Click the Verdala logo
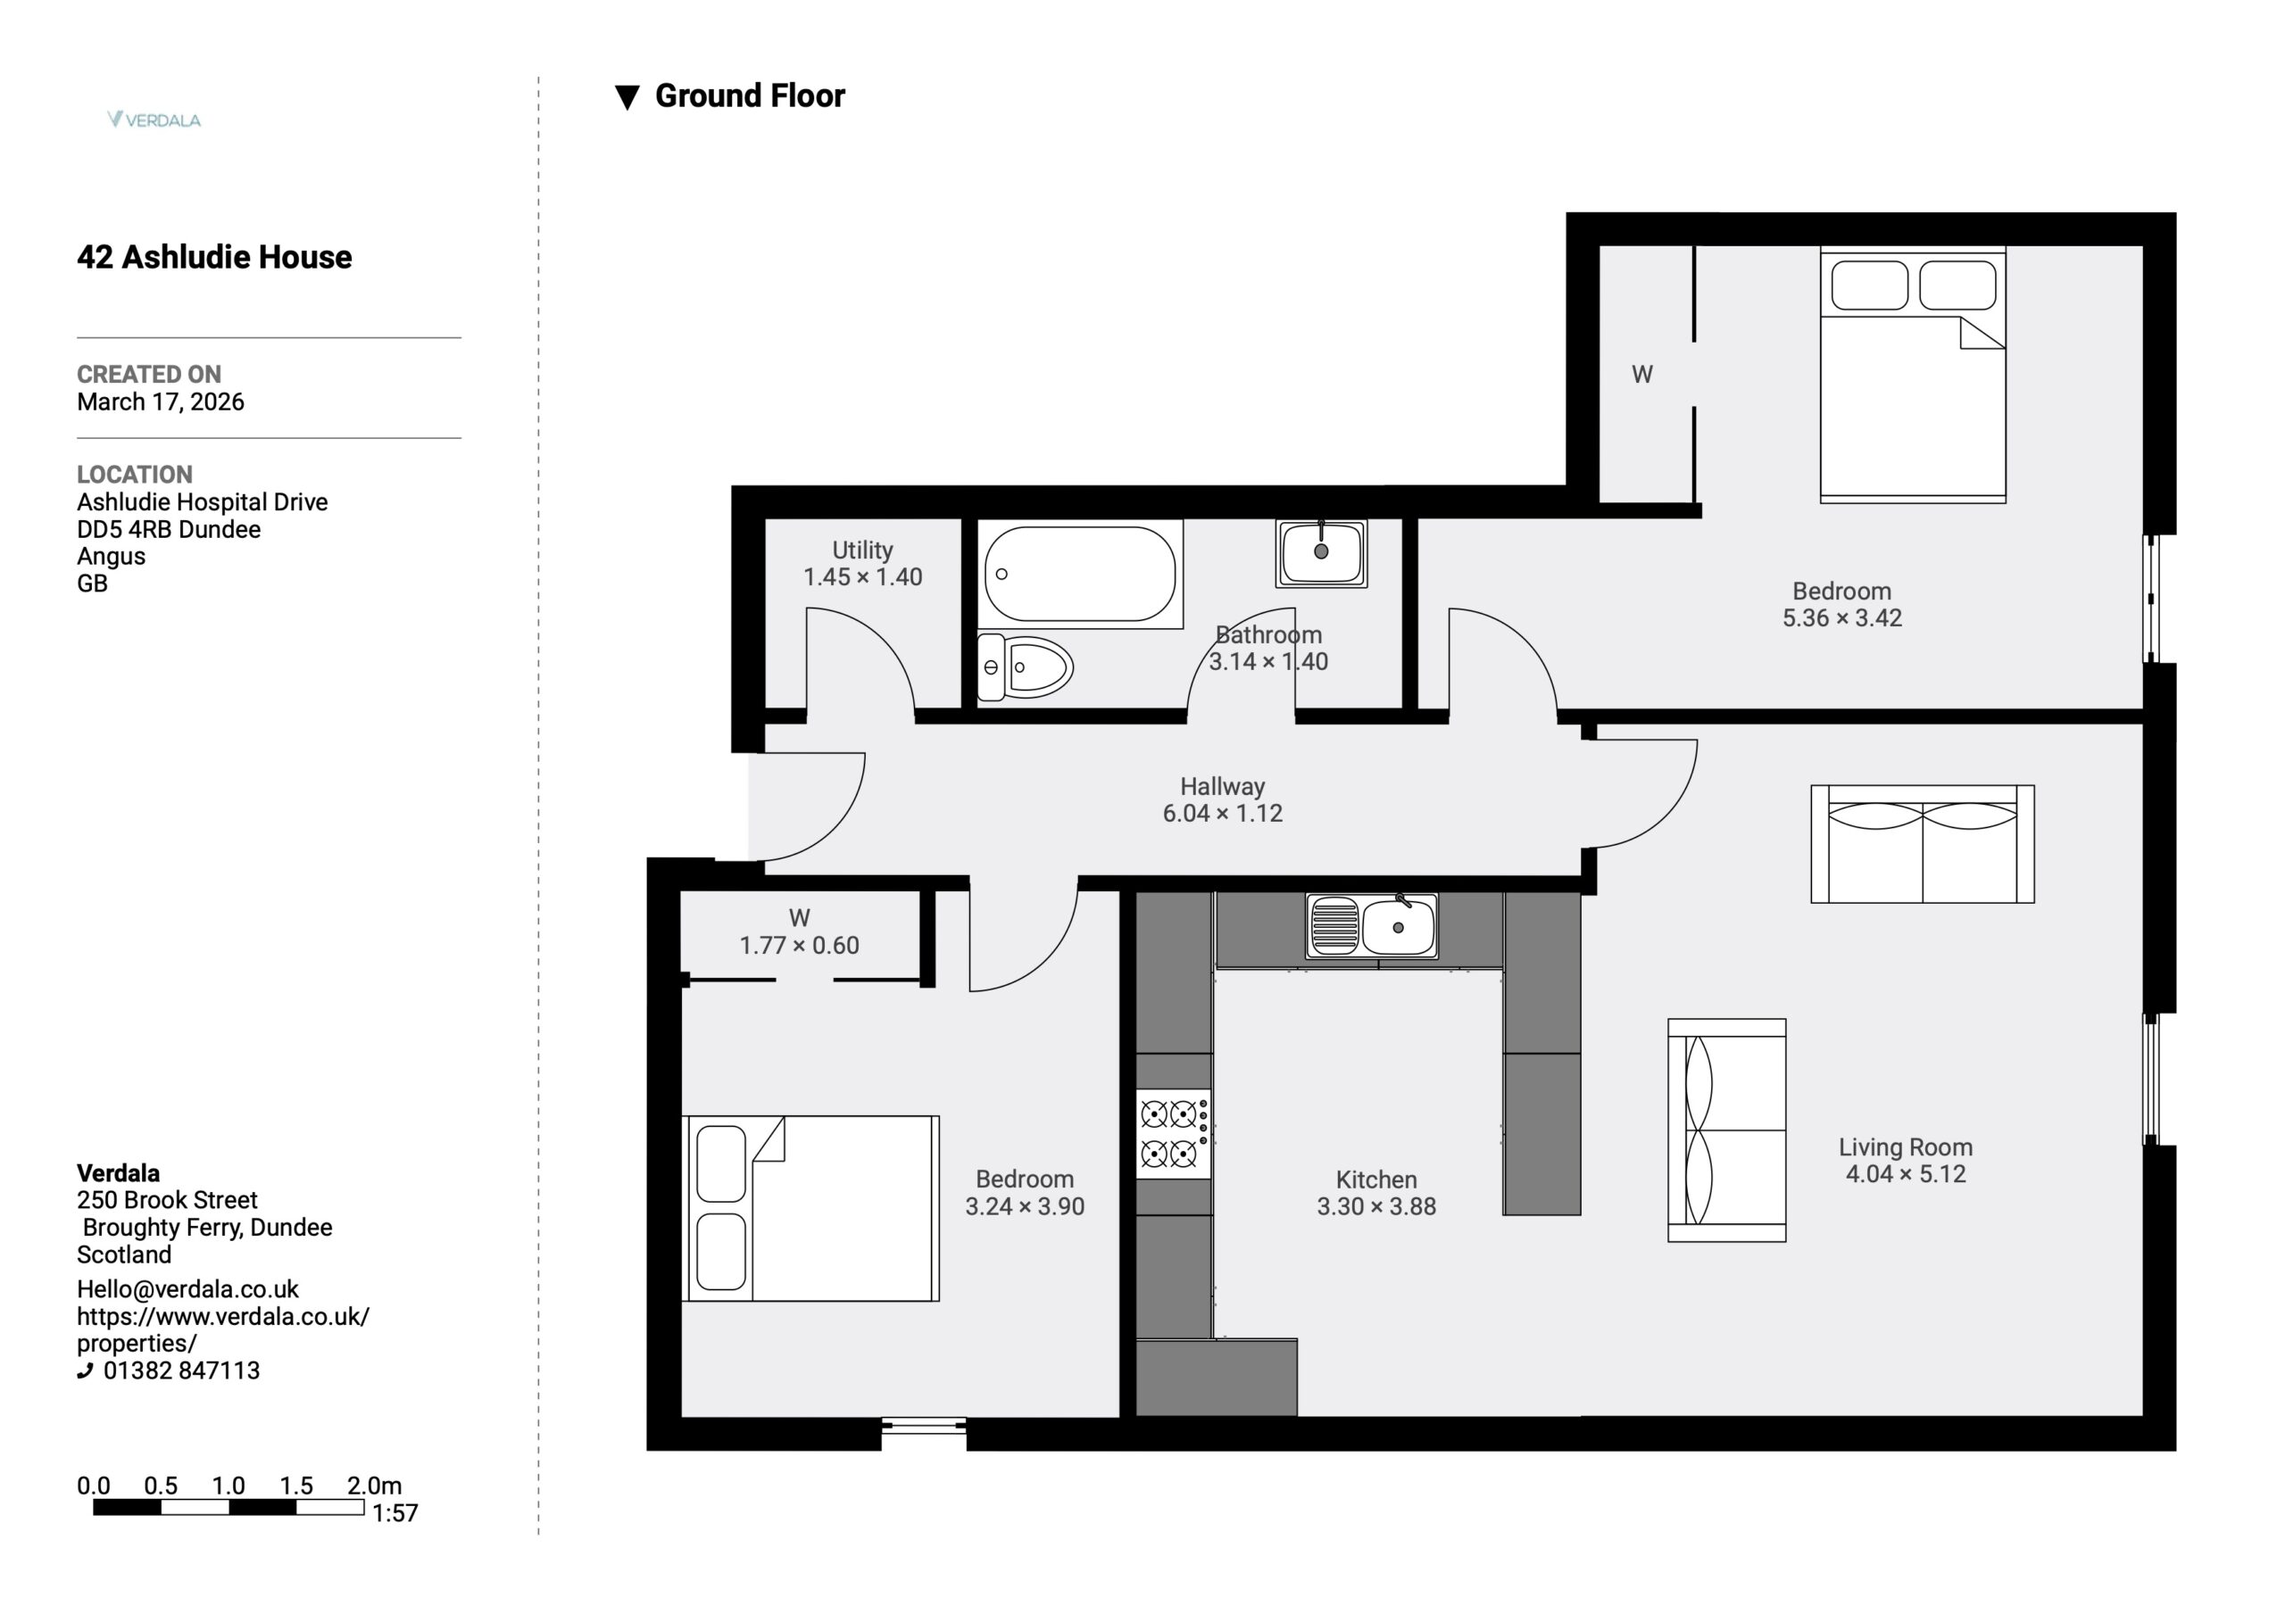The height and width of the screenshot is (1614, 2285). [154, 120]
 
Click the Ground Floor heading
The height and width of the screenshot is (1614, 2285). [750, 95]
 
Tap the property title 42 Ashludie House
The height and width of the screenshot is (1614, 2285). [214, 257]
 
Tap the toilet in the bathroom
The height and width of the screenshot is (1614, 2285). [1025, 666]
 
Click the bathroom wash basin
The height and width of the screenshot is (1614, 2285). [1322, 552]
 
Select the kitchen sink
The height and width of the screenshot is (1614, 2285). [1371, 926]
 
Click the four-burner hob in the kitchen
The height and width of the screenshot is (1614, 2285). [1175, 1134]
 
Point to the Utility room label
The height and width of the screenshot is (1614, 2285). [863, 550]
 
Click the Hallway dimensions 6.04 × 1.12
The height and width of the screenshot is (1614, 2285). [1222, 813]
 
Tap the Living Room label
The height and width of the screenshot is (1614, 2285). [1905, 1146]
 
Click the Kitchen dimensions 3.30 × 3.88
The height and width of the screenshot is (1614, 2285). [1376, 1206]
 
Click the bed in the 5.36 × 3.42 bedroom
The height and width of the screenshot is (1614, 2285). [1913, 374]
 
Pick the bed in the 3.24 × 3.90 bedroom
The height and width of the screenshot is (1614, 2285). [811, 1208]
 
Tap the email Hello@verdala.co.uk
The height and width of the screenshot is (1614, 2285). [188, 1288]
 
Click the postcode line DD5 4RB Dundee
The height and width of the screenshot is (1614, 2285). [170, 528]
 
